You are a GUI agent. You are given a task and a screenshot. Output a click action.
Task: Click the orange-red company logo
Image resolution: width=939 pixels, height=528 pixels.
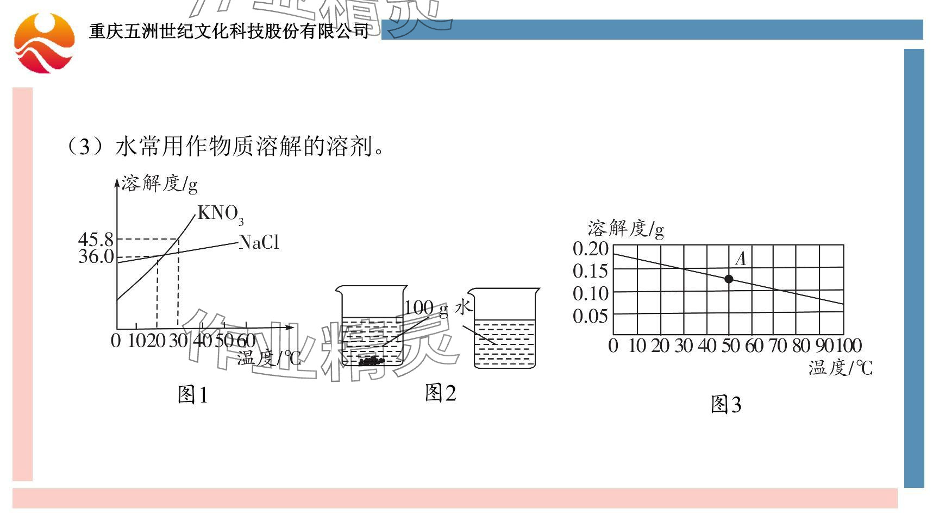pos(44,43)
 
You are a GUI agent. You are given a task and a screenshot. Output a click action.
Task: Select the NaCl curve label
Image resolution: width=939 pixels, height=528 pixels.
pos(259,242)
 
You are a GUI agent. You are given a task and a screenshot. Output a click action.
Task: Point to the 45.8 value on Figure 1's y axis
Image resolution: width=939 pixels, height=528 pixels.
pos(96,240)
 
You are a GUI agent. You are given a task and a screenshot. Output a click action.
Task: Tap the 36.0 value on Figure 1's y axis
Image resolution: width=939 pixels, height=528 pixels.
pos(96,256)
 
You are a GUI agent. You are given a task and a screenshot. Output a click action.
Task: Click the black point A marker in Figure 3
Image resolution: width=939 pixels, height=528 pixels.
pos(729,279)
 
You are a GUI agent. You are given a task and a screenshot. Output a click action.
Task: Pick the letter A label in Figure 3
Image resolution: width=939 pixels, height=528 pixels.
pos(740,259)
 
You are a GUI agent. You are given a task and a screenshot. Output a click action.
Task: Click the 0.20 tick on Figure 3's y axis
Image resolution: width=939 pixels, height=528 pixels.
pos(590,249)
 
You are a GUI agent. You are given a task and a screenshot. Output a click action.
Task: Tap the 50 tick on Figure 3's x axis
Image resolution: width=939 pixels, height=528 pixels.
pos(730,345)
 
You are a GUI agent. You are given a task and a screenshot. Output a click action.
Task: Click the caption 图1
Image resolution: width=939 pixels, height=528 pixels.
pos(193,395)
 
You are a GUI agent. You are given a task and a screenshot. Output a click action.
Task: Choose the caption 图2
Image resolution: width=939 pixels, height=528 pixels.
pos(440,393)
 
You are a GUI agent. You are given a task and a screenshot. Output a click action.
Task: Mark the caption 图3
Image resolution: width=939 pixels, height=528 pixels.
pos(726,405)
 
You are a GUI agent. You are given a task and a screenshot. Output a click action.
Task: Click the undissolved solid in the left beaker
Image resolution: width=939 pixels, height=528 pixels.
pos(371,361)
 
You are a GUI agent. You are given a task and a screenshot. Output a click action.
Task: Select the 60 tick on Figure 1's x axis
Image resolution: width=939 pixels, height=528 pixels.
pos(246,341)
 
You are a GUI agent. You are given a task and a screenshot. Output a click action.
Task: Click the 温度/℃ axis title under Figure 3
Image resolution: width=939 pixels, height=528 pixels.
pos(840,368)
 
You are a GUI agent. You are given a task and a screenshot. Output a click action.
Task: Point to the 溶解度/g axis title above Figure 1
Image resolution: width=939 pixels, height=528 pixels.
pos(159,184)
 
